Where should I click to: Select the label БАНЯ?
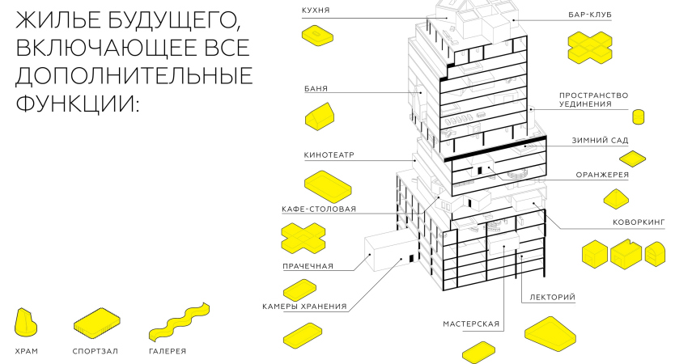[316, 88]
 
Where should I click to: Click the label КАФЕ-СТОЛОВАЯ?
[318, 209]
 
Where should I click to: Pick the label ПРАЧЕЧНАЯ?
[308, 265]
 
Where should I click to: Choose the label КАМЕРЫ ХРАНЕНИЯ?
[304, 307]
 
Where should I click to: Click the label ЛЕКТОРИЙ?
[552, 298]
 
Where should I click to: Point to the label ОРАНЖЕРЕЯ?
[602, 174]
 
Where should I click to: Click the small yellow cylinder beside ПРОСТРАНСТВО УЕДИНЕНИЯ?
[638, 116]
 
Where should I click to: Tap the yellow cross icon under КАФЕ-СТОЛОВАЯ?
[304, 238]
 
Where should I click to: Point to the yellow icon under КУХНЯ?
[316, 35]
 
